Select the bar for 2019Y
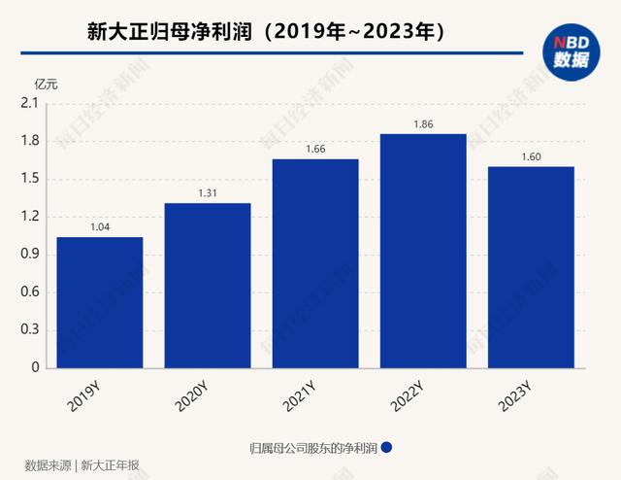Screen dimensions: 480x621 tap(100, 302)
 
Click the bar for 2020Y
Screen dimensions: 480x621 tap(208, 286)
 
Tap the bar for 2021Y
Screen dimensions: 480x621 tap(315, 263)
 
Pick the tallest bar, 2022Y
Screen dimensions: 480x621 tap(423, 251)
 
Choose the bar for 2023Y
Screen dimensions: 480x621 tap(531, 267)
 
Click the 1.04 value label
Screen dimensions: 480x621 tap(100, 225)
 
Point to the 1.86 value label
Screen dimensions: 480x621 tap(423, 122)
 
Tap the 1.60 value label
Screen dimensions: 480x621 tap(531, 155)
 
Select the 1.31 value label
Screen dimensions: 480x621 tap(208, 191)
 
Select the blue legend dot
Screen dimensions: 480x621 tap(386, 448)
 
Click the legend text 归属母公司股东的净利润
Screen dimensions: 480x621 tap(312, 448)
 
